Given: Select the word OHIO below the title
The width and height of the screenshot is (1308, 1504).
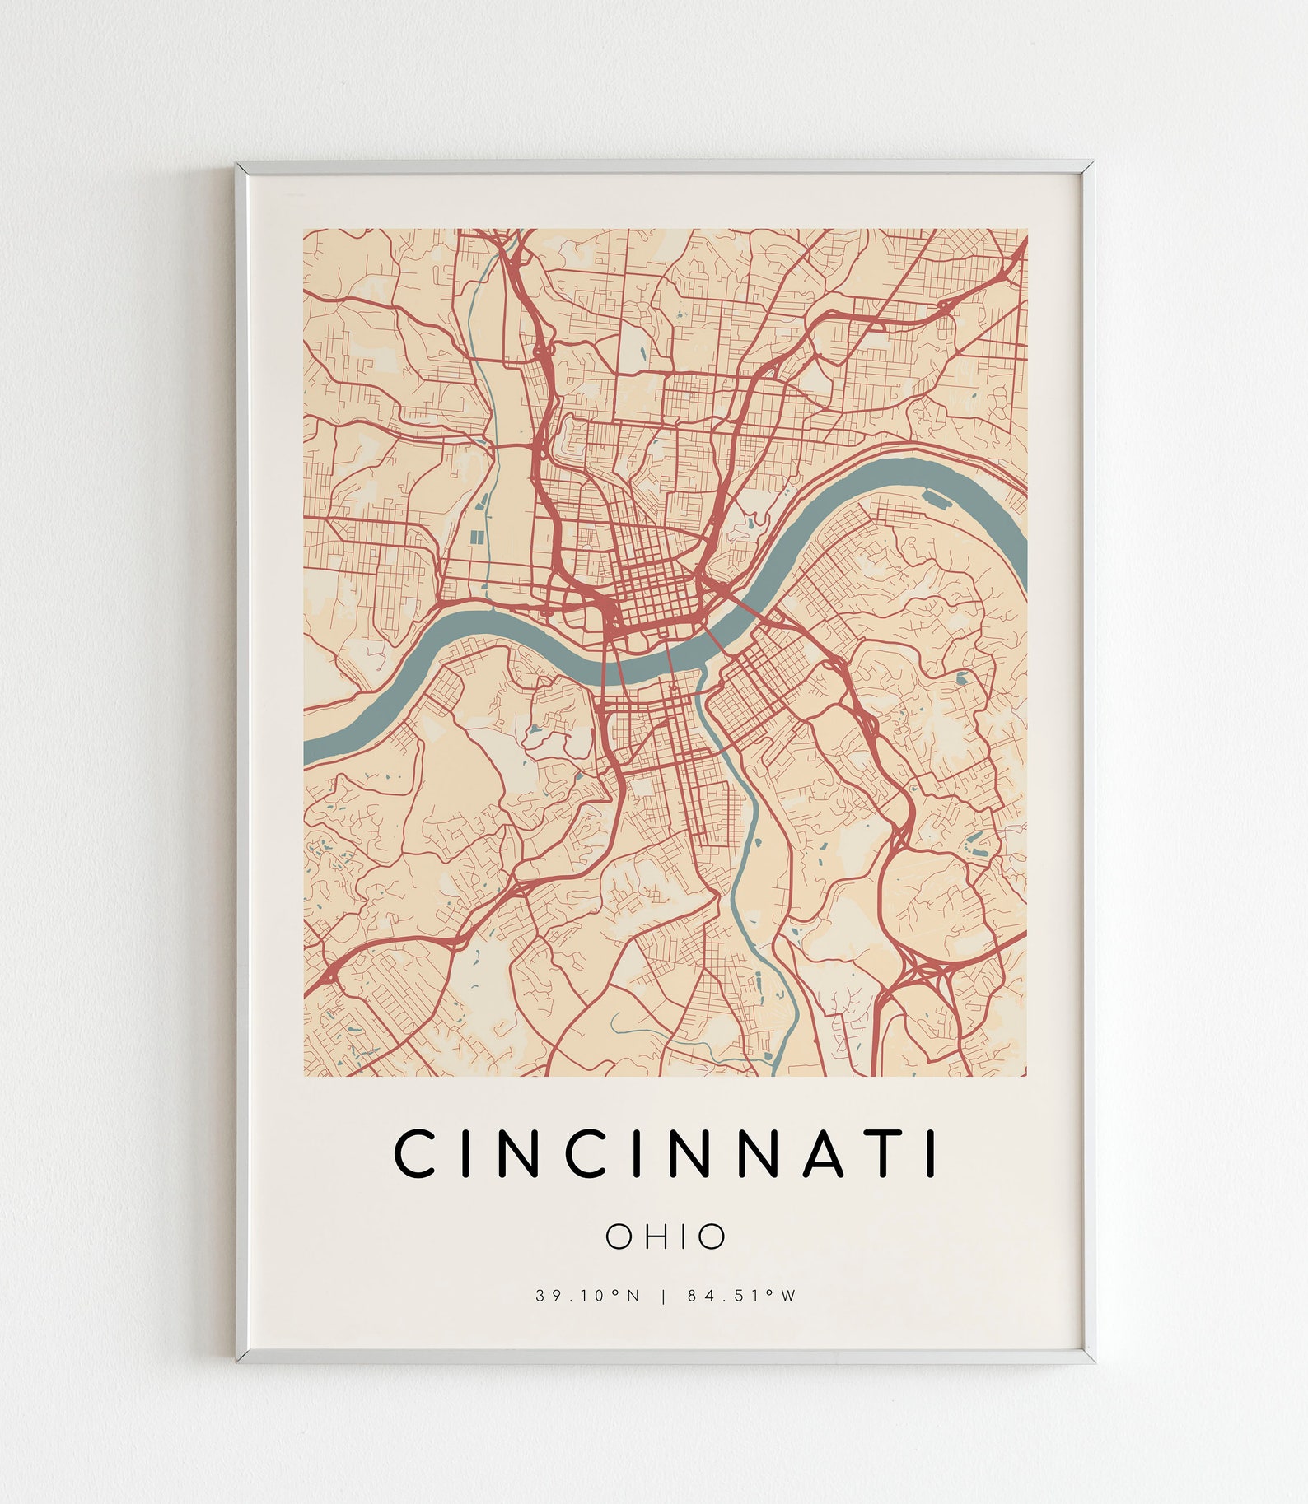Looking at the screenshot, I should point(666,1236).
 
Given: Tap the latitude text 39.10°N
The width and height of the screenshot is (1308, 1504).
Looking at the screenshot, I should point(587,1296).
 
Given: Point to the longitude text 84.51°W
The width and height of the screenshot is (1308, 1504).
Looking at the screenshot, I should point(742,1296).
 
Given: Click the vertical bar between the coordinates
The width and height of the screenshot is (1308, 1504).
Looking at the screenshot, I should point(664,1296).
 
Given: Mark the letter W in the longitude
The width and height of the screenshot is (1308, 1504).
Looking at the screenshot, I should point(788,1296).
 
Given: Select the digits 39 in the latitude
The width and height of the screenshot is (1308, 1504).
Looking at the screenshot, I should point(545,1296).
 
